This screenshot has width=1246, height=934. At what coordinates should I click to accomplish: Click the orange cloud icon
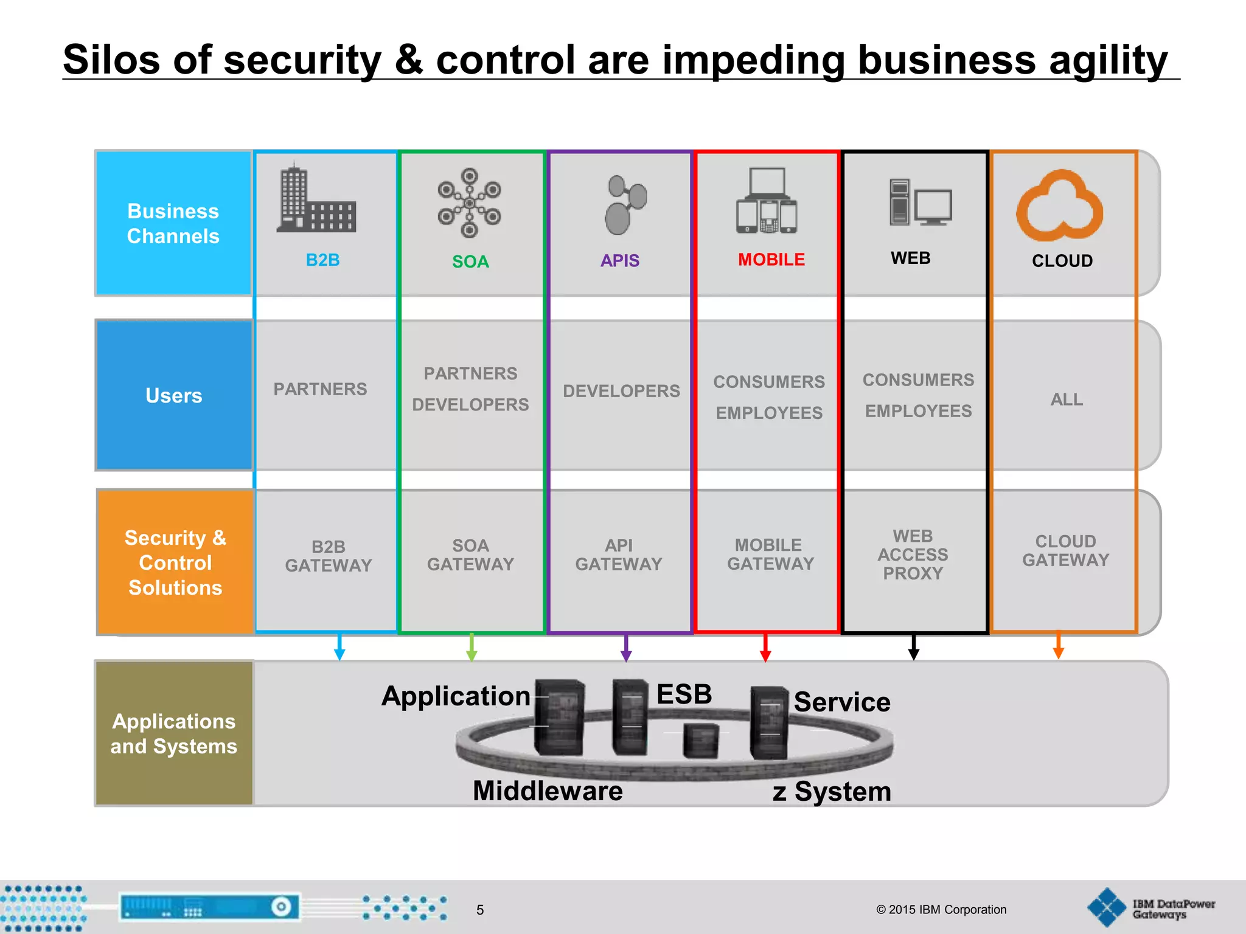1060,206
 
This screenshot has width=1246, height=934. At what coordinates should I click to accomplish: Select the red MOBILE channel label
771,260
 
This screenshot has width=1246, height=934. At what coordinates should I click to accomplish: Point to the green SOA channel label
470,261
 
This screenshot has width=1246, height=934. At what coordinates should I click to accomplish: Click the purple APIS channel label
619,260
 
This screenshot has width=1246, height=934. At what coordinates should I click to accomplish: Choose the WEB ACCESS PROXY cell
913,555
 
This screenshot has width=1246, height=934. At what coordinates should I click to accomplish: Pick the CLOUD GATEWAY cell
1065,551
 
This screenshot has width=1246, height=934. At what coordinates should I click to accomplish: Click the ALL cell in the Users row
1067,400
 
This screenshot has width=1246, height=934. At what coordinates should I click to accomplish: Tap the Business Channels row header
173,223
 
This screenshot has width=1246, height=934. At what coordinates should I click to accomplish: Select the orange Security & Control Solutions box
175,562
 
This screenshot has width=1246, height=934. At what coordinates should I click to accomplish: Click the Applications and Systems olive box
174,733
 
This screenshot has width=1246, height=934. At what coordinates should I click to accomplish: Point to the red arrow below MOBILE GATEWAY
765,648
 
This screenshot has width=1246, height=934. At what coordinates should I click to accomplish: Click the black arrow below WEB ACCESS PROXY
913,648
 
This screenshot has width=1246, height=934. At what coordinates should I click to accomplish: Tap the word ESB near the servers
684,694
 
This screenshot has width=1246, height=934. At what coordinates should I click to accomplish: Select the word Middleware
548,791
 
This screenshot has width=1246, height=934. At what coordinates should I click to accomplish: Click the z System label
832,792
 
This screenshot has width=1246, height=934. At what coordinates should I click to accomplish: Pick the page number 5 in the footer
480,910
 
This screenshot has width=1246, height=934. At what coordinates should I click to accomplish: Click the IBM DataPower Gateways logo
1150,908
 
